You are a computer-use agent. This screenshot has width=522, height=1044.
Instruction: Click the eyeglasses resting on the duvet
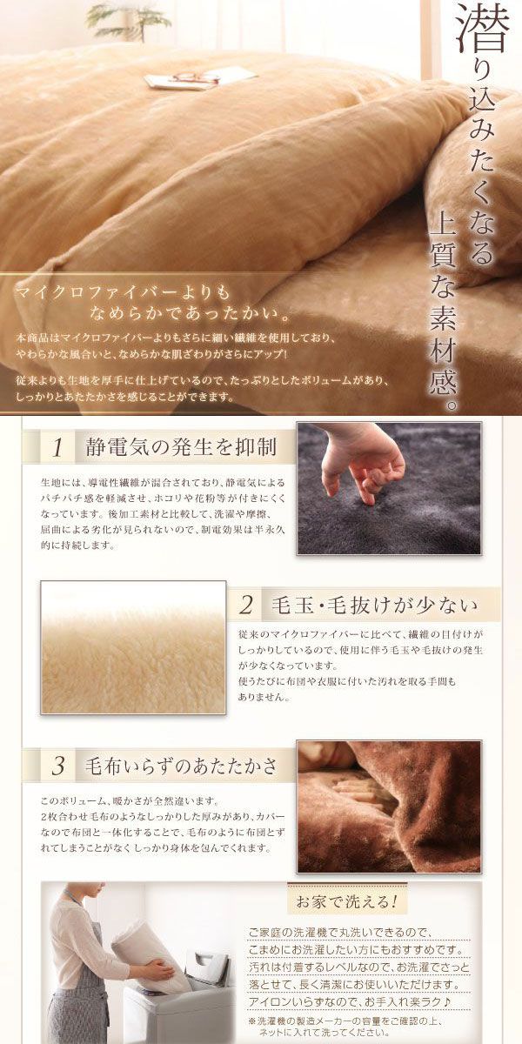click(197, 77)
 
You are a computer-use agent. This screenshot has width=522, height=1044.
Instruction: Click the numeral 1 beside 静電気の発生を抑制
click(57, 448)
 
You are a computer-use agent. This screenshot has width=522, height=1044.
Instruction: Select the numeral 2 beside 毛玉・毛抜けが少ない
click(245, 605)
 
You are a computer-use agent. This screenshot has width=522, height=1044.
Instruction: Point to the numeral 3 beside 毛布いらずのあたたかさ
click(57, 766)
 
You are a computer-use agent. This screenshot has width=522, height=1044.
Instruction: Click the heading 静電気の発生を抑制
click(181, 447)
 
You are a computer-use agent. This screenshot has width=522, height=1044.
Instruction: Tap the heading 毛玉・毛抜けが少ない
click(375, 605)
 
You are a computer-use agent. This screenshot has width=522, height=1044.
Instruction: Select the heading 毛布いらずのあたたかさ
click(181, 766)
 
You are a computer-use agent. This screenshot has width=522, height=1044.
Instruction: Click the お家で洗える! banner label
click(347, 901)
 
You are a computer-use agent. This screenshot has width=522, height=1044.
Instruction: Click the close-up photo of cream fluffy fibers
click(133, 647)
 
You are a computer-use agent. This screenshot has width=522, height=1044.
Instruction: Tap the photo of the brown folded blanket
click(389, 806)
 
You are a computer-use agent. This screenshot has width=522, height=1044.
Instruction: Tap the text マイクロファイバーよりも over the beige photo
click(123, 292)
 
